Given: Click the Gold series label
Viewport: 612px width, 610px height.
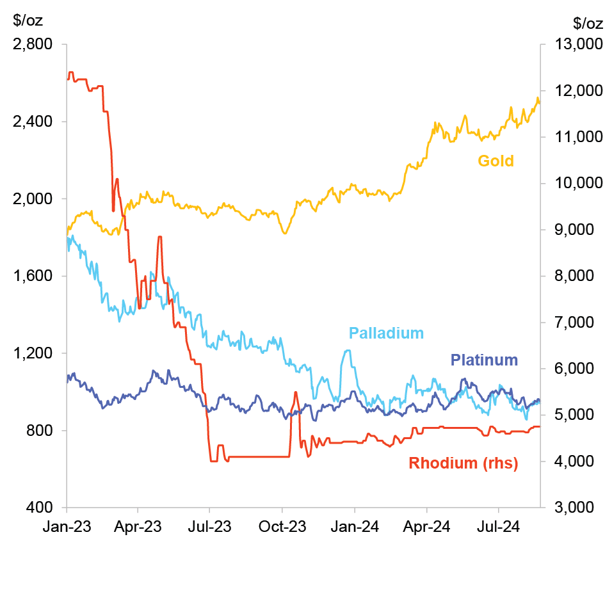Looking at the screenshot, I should [495, 161].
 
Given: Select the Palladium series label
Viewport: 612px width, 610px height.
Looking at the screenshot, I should [386, 333].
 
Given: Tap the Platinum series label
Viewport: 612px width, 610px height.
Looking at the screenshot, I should [484, 360].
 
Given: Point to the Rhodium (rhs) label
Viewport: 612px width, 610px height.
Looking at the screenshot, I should [463, 463].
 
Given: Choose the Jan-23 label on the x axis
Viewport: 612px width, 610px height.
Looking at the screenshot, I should [67, 527].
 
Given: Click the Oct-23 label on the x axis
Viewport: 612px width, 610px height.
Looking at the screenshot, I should [282, 527].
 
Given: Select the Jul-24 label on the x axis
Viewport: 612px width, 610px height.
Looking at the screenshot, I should [499, 527].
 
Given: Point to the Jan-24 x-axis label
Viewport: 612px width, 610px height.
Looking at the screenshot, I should [355, 527].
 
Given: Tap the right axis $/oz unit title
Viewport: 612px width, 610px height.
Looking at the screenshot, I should [588, 24].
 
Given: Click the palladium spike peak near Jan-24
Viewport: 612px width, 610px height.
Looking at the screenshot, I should [348, 350].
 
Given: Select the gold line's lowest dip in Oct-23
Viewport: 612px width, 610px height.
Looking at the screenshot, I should [285, 233].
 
